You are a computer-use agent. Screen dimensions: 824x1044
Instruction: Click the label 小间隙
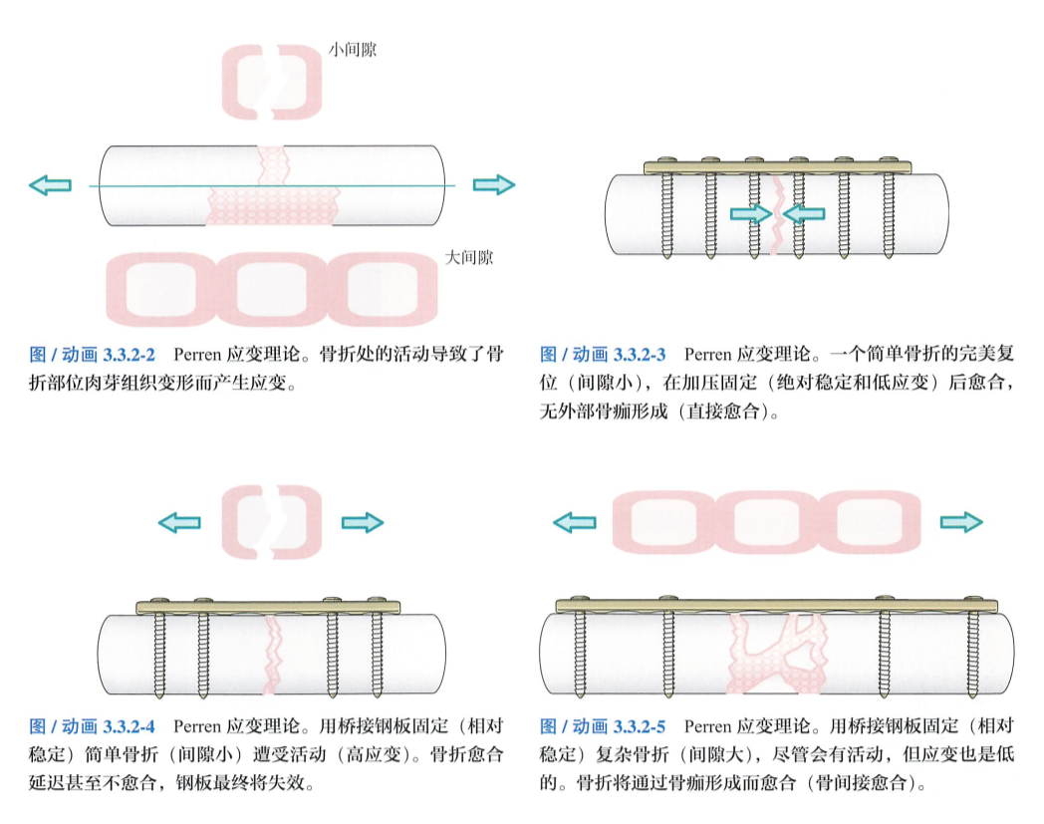(354, 49)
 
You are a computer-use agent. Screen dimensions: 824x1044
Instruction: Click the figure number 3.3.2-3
(639, 355)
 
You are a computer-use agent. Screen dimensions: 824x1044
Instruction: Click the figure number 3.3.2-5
(639, 727)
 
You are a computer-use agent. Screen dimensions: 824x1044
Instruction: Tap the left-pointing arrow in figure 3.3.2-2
(50, 184)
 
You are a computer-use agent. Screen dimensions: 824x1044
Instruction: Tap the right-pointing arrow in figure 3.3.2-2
(493, 184)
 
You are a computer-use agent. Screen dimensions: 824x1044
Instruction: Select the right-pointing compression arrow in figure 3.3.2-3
(750, 212)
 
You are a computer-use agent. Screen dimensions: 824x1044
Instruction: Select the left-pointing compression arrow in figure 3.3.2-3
(804, 212)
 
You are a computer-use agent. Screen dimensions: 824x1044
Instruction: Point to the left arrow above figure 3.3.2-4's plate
(180, 522)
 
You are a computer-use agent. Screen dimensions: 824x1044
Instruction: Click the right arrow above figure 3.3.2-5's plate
(960, 521)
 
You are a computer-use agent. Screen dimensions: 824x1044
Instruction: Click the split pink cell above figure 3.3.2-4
(270, 519)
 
